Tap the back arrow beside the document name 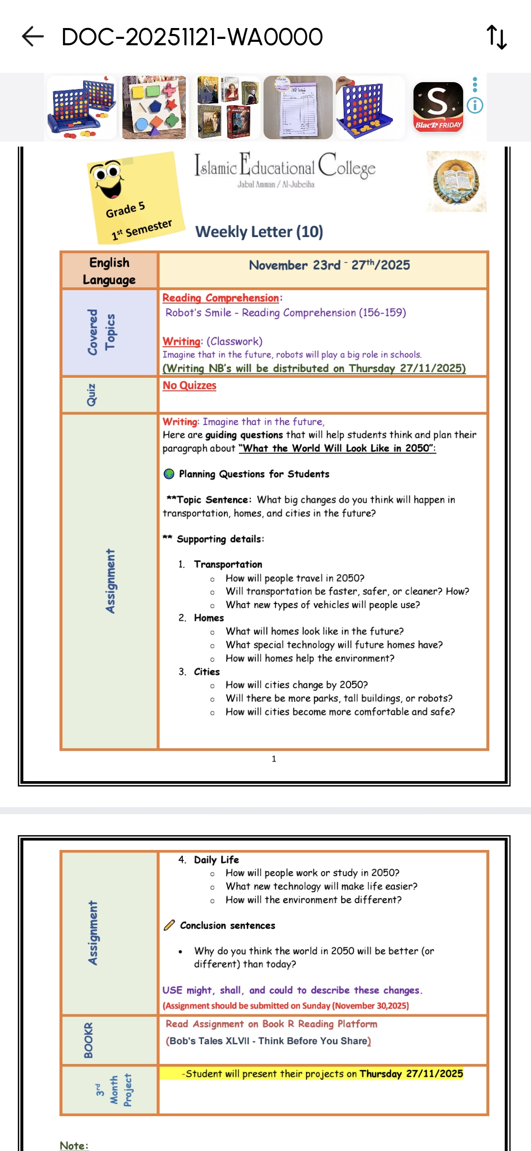[33, 37]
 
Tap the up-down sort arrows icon [497, 37]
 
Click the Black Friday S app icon [438, 106]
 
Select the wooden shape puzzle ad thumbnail [154, 107]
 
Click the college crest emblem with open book [456, 182]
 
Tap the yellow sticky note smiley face [107, 178]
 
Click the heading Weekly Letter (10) [259, 232]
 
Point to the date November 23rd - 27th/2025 [329, 265]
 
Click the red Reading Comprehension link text [221, 298]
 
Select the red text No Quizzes [189, 386]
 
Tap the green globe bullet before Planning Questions [169, 474]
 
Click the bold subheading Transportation [228, 564]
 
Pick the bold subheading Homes [208, 618]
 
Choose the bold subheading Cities [206, 672]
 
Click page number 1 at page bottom [274, 759]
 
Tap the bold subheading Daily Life [216, 860]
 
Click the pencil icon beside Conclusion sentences [169, 925]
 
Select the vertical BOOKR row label [88, 1040]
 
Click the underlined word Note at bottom [73, 1146]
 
